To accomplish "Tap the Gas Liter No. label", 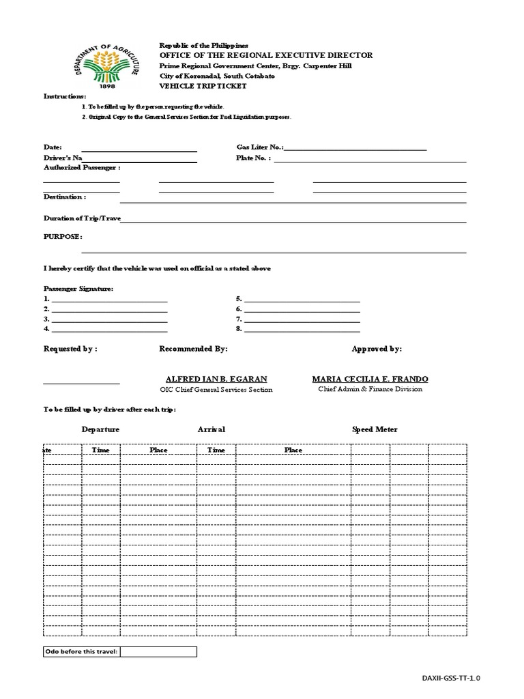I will (x=259, y=147).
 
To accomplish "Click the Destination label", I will (x=65, y=197).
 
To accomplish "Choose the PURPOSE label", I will (x=63, y=236).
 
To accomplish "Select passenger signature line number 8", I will (x=302, y=329).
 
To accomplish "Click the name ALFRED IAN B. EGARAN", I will (x=216, y=379).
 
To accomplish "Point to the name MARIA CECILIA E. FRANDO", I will (x=370, y=379).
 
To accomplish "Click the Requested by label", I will (x=70, y=349).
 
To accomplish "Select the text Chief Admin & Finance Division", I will (x=370, y=389).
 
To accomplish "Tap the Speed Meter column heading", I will (x=375, y=429).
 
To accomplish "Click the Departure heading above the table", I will (x=100, y=429).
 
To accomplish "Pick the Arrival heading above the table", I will (x=212, y=429).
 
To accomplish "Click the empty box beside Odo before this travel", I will (x=159, y=652).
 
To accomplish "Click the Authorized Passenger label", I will (x=82, y=167).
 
